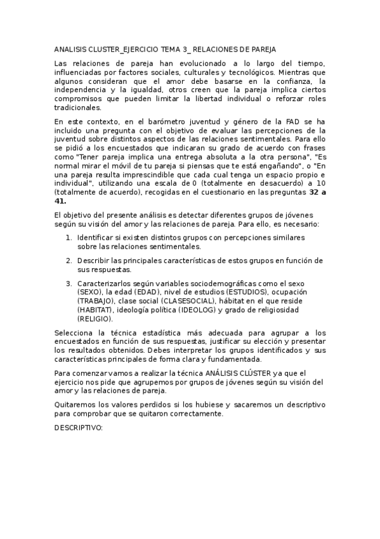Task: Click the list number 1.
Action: (x=69, y=237)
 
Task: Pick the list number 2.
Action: (x=69, y=261)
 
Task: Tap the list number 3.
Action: (x=69, y=283)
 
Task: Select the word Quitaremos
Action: (x=75, y=404)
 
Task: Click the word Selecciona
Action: (x=74, y=332)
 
